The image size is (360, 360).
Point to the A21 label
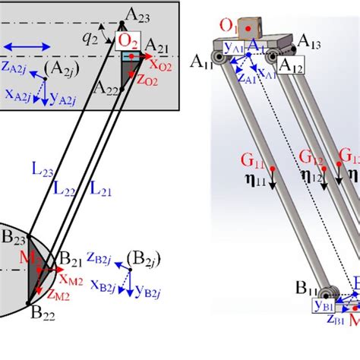158,45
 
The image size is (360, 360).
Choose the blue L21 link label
99,185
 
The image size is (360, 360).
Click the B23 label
14,237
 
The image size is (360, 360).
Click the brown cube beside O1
249,27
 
